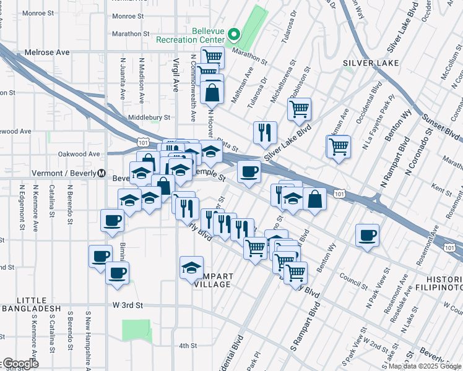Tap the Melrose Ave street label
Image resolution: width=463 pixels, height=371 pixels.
[48, 53]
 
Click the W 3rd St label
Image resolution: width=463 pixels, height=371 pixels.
[128, 305]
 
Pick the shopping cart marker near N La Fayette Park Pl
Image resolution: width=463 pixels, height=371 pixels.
[339, 147]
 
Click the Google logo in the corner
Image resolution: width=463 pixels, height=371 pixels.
[20, 364]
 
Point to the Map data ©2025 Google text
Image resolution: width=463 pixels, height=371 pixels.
[425, 366]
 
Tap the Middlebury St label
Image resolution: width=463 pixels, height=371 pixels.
[149, 117]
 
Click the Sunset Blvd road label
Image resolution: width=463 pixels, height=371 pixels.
[441, 124]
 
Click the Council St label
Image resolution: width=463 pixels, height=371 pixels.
[353, 282]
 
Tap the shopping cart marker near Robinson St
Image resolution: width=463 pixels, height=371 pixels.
[299, 109]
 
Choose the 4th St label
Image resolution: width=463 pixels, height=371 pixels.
[187, 346]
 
